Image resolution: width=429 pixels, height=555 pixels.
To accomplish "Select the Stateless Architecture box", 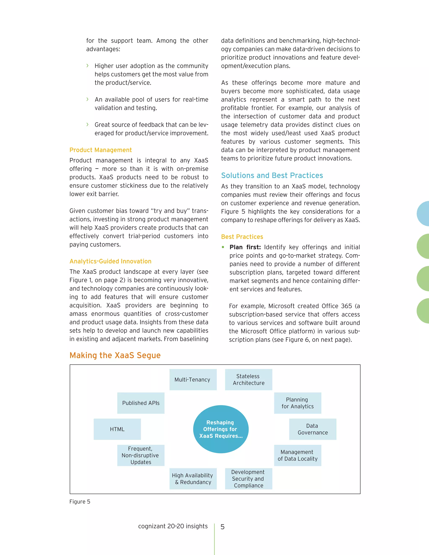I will point(249,379).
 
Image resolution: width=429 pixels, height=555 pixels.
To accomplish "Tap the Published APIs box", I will point(141,403).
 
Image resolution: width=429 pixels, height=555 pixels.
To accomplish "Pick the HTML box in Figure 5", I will point(117,429).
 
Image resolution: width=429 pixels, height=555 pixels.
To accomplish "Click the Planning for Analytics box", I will point(297,403).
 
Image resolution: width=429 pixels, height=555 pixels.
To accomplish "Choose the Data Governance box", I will point(313,429).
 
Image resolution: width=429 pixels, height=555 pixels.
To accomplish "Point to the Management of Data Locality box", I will point(297,455).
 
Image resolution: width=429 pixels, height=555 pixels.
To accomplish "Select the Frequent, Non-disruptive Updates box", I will point(141,455).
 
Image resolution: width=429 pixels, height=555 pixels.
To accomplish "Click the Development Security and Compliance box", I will point(249,479).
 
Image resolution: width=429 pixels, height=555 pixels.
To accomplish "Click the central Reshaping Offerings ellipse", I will point(221,429).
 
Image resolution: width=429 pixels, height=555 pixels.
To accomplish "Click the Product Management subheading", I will point(101,150).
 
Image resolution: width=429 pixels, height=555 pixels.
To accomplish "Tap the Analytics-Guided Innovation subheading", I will point(110,261).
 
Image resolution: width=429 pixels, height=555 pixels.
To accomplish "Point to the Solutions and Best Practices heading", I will point(272,175).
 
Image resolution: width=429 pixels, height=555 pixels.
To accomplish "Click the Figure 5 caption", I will point(80,501).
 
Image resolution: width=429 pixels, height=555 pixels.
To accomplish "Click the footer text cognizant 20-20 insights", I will point(173,526).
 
